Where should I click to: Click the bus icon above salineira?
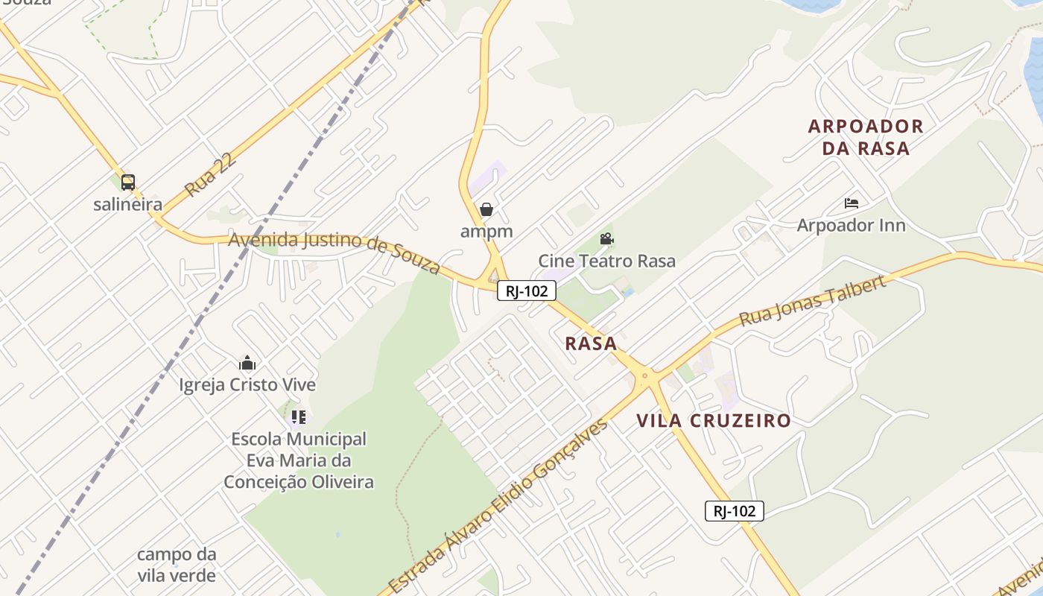click(128, 182)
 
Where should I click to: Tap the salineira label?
click(127, 204)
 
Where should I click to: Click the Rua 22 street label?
click(211, 175)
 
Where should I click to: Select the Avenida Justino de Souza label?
click(335, 250)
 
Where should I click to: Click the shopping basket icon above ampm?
click(486, 209)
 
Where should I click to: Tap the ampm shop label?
click(486, 231)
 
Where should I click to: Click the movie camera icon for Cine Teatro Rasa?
click(606, 239)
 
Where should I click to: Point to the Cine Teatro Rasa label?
click(606, 261)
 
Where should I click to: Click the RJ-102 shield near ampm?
click(527, 291)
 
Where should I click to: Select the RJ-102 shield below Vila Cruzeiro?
click(735, 511)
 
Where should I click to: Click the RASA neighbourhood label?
click(591, 343)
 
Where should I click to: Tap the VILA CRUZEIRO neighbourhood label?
click(714, 420)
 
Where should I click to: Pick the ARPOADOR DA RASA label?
click(866, 137)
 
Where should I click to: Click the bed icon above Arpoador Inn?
click(852, 203)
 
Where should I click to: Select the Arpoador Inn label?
click(852, 225)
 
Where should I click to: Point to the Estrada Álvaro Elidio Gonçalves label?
click(498, 507)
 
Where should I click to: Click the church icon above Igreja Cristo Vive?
click(247, 364)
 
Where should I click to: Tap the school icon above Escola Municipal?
click(298, 417)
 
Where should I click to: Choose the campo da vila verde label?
click(177, 565)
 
